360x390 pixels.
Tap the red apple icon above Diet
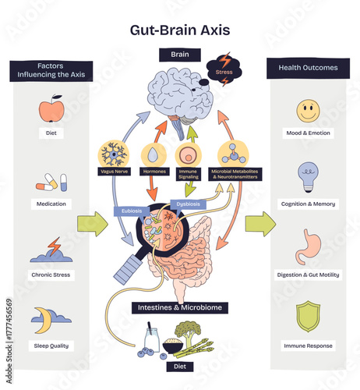(x=51, y=109)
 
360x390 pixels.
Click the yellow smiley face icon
(x=308, y=111)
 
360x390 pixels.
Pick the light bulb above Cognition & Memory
(x=307, y=177)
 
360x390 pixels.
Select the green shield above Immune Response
(x=308, y=317)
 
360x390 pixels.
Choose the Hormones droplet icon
(x=153, y=153)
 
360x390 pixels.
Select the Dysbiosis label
(x=189, y=204)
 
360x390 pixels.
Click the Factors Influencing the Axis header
(x=51, y=71)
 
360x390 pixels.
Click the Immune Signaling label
(x=189, y=175)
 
